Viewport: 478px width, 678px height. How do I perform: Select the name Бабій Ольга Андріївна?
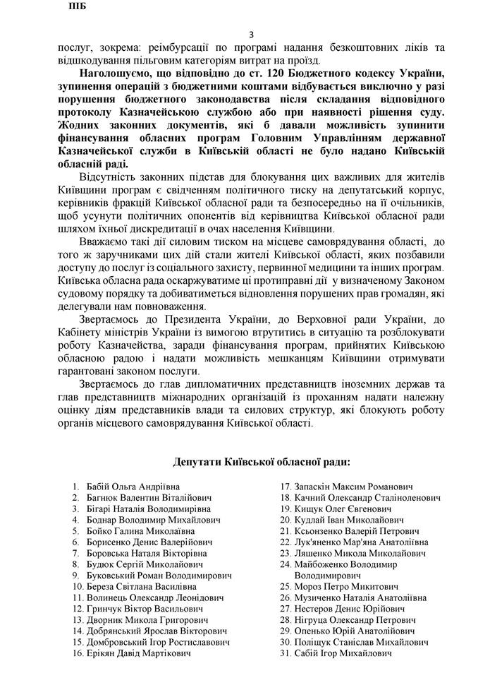133,487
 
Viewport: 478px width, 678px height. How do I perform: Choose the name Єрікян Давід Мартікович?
139,653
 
